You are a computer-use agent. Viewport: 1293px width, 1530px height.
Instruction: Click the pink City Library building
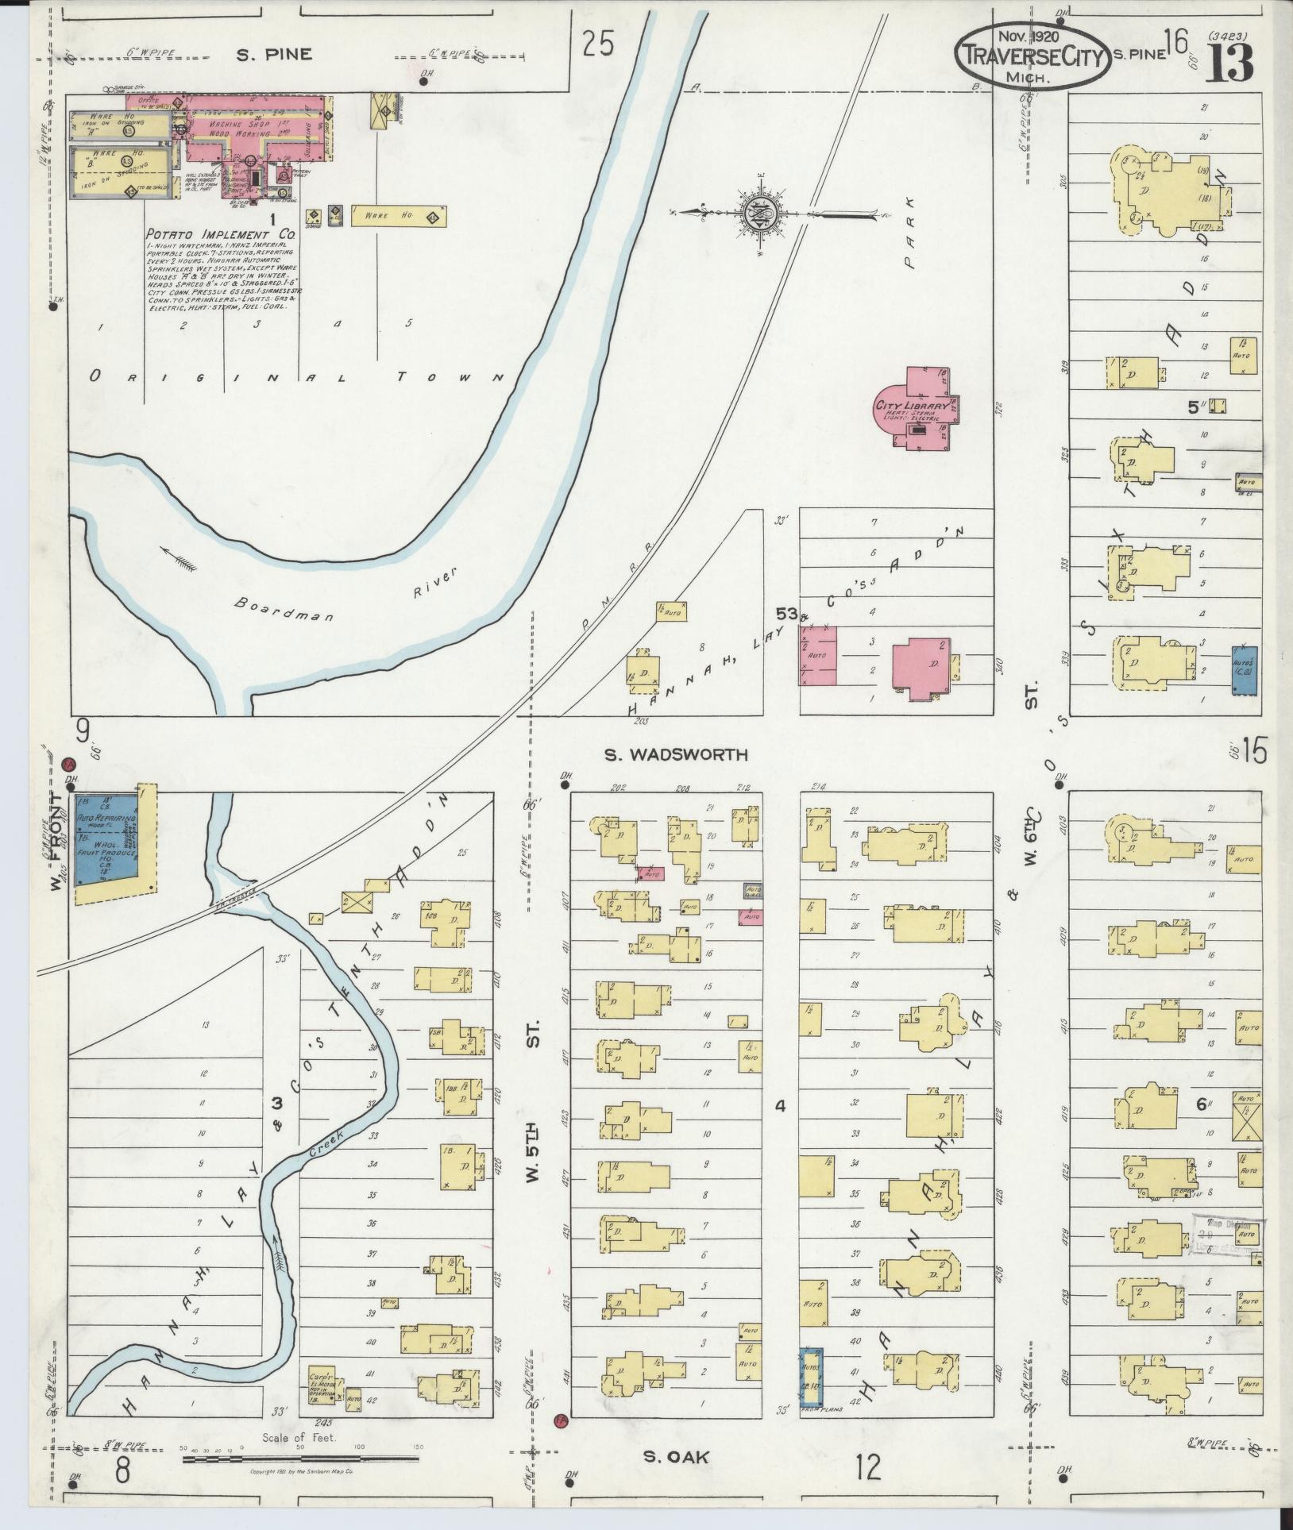913,407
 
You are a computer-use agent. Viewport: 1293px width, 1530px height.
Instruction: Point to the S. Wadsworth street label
676,755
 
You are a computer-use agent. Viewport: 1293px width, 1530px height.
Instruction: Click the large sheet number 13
1230,62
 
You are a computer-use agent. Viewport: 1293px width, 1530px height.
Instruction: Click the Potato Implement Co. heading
220,236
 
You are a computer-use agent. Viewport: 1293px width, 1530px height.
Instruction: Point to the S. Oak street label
674,1457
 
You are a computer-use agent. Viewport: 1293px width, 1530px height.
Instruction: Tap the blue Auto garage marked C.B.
1244,671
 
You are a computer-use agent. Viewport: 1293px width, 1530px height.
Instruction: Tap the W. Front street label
56,841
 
